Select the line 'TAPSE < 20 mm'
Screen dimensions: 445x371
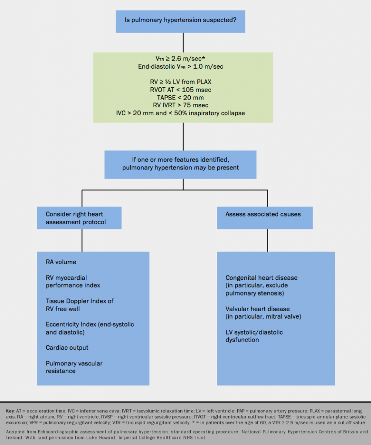(183, 98)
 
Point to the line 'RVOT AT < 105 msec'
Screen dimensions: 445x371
(183, 90)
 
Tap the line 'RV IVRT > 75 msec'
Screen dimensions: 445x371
(183, 106)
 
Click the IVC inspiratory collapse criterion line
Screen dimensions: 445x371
(183, 113)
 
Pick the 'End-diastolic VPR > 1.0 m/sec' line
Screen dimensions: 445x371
(183, 66)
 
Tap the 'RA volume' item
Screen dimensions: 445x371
(61, 262)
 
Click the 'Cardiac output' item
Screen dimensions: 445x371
(67, 348)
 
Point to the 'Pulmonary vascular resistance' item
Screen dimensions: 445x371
(74, 367)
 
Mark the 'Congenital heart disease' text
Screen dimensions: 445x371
(262, 278)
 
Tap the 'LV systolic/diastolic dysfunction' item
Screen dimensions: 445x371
(254, 336)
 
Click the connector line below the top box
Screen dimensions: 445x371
(183, 43)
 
